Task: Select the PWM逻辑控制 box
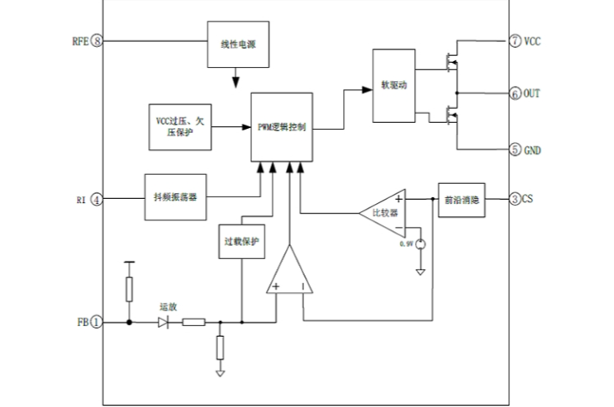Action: pyautogui.click(x=283, y=127)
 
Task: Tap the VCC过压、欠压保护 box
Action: pyautogui.click(x=178, y=127)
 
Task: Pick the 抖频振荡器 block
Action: pyautogui.click(x=175, y=198)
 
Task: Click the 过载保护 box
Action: pyautogui.click(x=242, y=243)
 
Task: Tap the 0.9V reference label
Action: pyautogui.click(x=406, y=244)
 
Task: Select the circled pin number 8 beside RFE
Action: pyautogui.click(x=98, y=40)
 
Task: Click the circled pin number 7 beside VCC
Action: pyautogui.click(x=515, y=40)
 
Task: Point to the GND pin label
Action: pyautogui.click(x=532, y=149)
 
